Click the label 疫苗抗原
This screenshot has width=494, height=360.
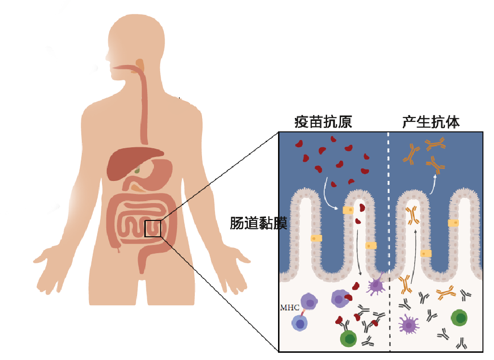point(323,122)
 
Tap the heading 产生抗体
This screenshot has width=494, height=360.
point(431,122)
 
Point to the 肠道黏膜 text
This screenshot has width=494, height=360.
point(258,224)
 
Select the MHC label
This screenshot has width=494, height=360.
point(290,307)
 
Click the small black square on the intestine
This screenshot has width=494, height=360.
point(152,228)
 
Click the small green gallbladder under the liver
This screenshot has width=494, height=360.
point(138,170)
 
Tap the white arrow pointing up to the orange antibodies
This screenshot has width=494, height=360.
point(432,185)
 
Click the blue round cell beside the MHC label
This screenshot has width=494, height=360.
point(300,322)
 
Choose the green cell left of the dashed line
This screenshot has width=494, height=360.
point(349,339)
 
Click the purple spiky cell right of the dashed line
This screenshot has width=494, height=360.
point(408,325)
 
